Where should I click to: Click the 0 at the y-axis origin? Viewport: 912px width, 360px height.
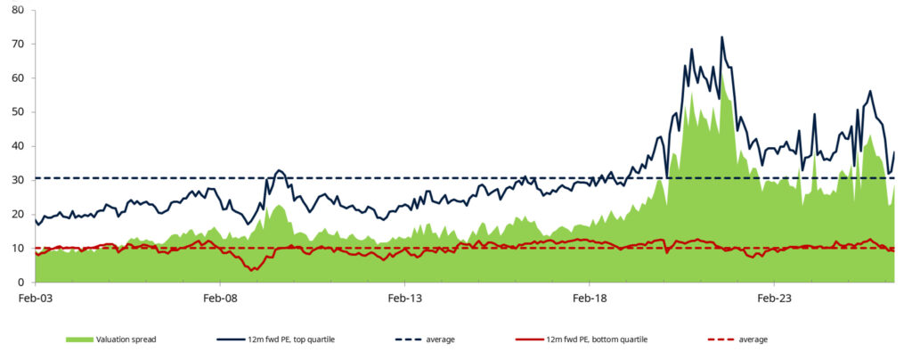[20, 282]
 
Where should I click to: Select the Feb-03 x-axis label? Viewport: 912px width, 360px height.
[36, 299]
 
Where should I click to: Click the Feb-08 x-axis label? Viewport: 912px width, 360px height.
[221, 299]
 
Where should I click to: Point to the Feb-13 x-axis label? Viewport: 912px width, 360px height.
[405, 299]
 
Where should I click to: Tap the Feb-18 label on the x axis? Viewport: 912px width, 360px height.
[590, 299]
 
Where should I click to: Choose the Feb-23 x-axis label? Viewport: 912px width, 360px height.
[774, 299]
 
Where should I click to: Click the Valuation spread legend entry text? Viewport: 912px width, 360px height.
[126, 340]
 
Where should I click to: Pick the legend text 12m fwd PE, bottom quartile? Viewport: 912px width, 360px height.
[597, 340]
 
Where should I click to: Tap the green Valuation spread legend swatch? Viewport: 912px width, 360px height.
[79, 340]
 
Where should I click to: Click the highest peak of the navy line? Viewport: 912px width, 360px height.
[721, 37]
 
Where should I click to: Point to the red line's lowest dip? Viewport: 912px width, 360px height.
[251, 270]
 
